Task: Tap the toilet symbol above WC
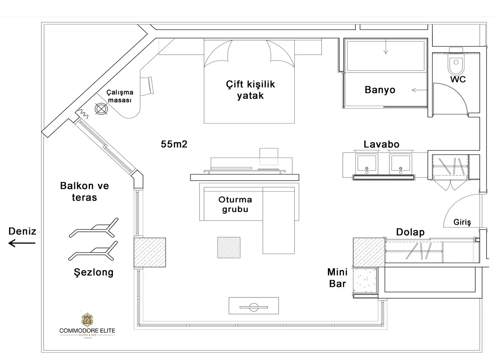(x=456, y=62)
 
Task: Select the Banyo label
(x=380, y=90)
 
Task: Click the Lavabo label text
(x=381, y=144)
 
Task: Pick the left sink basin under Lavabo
(x=366, y=163)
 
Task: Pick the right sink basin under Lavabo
(x=400, y=163)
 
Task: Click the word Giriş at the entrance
(x=462, y=222)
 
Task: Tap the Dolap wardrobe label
(x=410, y=232)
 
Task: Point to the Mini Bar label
(x=337, y=278)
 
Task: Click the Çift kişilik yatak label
(x=250, y=90)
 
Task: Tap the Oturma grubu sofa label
(x=235, y=204)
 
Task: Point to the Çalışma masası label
(x=120, y=96)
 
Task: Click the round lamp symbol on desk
(x=101, y=109)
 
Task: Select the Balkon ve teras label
(x=85, y=191)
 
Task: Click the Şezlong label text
(x=93, y=272)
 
